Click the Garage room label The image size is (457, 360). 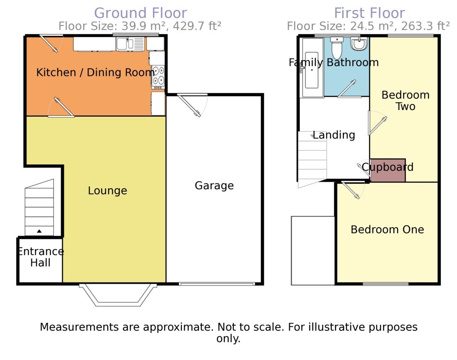pyautogui.click(x=214, y=186)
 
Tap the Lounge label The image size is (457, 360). pyautogui.click(x=107, y=191)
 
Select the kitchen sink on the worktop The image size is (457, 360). pyautogui.click(x=130, y=44)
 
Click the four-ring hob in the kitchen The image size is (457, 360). pyautogui.click(x=158, y=77)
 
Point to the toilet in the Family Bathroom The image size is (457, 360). pyautogui.click(x=337, y=48)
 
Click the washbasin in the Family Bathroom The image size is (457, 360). pyautogui.click(x=360, y=44)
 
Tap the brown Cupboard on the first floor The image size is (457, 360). pyautogui.click(x=388, y=170)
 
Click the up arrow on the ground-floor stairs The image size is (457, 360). pyautogui.click(x=39, y=231)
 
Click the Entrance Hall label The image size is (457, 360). pyautogui.click(x=41, y=257)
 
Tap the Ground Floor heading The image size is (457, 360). pyautogui.click(x=141, y=13)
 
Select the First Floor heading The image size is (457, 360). pyautogui.click(x=369, y=13)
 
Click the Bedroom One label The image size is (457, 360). pyautogui.click(x=387, y=230)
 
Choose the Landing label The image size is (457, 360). pyautogui.click(x=334, y=135)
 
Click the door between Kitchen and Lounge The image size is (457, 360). pyautogui.click(x=61, y=107)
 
